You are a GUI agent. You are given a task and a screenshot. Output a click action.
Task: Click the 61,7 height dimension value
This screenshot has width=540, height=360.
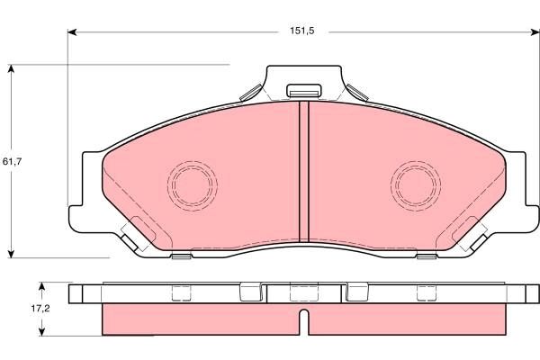12,161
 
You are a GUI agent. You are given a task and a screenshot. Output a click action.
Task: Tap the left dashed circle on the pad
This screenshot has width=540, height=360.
192,184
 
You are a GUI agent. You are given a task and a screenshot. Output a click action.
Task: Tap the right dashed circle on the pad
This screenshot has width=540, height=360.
415,184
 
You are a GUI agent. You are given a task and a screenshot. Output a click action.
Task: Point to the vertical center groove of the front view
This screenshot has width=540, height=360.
303,171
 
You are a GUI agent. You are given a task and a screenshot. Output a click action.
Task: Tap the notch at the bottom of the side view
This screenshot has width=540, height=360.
303,317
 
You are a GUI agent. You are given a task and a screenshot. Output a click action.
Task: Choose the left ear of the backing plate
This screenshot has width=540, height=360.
84,189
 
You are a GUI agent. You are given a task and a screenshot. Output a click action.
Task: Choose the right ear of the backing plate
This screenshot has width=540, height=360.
523,189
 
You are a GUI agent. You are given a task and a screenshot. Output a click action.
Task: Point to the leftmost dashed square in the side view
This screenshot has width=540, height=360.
183,292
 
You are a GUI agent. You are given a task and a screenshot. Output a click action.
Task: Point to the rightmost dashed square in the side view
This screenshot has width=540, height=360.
424,292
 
